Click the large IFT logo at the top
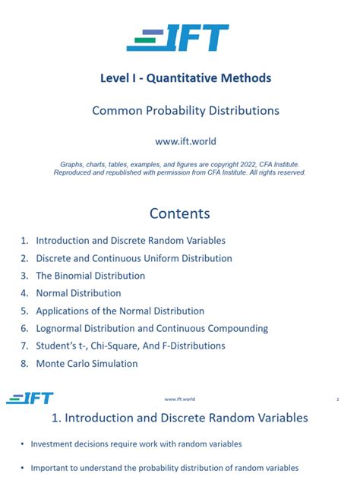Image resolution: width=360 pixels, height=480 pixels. pos(178,38)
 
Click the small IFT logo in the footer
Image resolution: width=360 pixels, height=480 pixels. pos(30,399)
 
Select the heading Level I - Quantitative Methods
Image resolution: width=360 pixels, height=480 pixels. pos(185,77)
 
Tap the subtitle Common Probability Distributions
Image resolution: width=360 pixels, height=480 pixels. pos(185,111)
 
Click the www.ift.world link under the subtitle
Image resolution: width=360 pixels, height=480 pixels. pos(179,141)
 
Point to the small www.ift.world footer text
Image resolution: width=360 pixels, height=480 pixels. pos(179,399)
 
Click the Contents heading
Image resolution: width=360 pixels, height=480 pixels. pos(179,213)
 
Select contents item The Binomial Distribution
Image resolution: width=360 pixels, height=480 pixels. pos(90,276)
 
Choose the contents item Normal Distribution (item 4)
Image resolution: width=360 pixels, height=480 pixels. pos(78,293)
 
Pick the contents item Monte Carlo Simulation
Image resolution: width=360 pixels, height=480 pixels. pos(87,364)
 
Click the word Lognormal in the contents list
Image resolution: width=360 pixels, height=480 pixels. pos(62,328)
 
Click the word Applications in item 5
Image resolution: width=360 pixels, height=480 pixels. pos(64,311)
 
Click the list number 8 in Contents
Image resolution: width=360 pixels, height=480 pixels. pos(24,364)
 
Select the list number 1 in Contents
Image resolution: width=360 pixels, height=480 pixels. pos(24,241)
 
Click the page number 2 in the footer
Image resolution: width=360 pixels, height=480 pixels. pos(337,399)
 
